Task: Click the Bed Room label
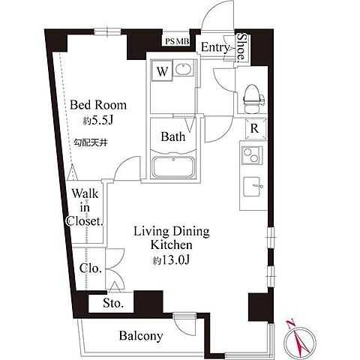(98, 105)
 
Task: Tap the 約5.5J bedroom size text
(98, 121)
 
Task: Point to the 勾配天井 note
(91, 142)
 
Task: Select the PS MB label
(177, 41)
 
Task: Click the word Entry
(215, 47)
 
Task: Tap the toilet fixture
(253, 99)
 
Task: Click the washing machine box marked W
(162, 70)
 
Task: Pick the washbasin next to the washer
(184, 69)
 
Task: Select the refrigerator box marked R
(255, 128)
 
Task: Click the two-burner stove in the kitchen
(251, 155)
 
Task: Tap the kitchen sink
(252, 186)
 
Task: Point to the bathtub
(173, 167)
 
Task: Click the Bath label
(173, 137)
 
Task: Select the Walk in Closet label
(85, 208)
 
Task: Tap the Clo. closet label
(91, 268)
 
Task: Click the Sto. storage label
(113, 303)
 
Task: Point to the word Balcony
(141, 336)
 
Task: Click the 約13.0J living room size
(172, 260)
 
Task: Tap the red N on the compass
(290, 324)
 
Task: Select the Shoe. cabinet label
(241, 47)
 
